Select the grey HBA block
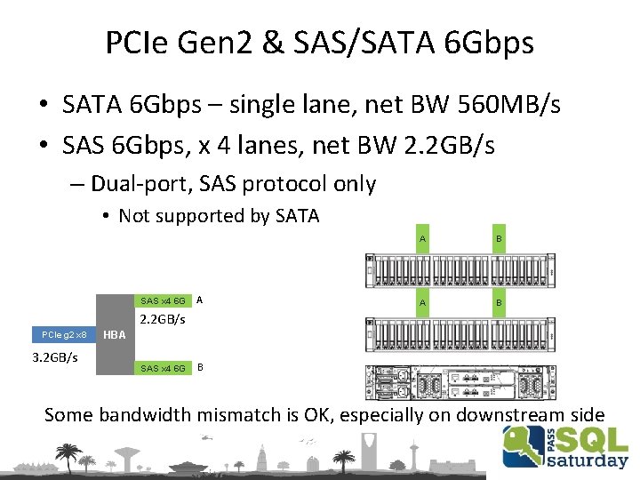coord(113,334)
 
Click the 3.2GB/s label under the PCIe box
coord(55,357)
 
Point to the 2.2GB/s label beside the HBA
coord(162,318)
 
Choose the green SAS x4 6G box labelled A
coord(162,300)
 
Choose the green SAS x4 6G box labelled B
coord(162,368)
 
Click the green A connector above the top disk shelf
coord(423,239)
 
